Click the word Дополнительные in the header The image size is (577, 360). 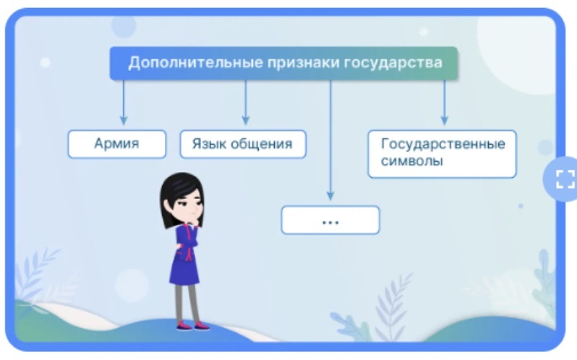tap(196, 63)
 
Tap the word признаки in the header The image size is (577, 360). tap(303, 63)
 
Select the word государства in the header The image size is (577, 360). tap(393, 63)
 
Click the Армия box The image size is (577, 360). tap(116, 144)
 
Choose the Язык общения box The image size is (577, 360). tap(243, 144)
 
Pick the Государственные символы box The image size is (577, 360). tap(442, 154)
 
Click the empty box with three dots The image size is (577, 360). tap(330, 220)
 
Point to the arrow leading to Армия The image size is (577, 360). tap(124, 103)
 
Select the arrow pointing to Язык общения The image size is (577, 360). tap(245, 103)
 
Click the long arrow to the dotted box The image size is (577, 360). tap(330, 140)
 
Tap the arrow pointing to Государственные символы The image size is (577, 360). tap(444, 103)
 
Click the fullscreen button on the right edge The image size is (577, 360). tap(563, 179)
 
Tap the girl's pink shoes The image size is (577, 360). tap(193, 326)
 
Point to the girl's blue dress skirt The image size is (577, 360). tap(184, 270)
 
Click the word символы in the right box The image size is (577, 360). tap(411, 161)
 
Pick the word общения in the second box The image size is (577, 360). tap(262, 144)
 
